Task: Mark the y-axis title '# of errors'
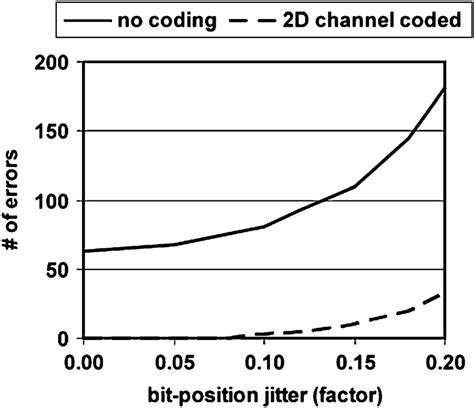pyautogui.click(x=14, y=200)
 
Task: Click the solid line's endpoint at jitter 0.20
pyautogui.click(x=441, y=89)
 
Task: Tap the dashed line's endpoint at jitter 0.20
pyautogui.click(x=441, y=295)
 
